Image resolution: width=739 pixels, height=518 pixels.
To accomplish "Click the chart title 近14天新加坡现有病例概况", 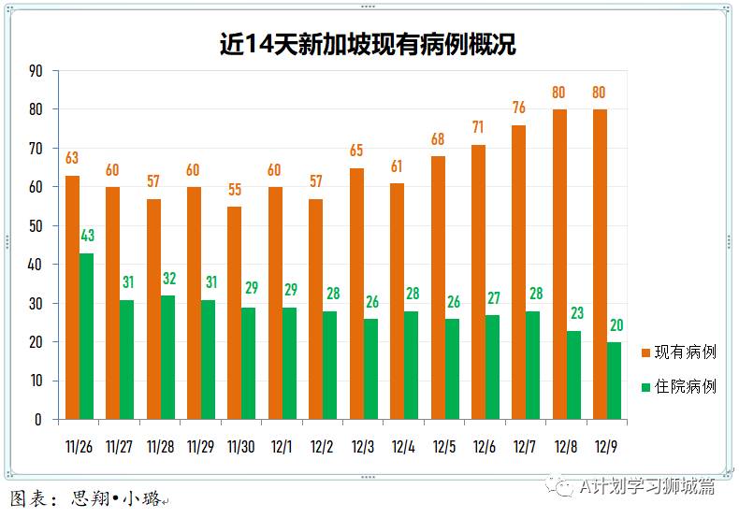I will coord(368,44).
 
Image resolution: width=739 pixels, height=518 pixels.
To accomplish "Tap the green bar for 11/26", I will coord(86,336).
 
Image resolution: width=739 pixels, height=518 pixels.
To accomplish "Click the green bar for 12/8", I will coord(573,375).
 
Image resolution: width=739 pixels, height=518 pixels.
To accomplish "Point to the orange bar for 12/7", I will coord(518,272).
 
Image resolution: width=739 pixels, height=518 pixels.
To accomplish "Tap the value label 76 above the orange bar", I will coord(519,108).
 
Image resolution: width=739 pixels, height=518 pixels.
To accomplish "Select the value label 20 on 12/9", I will coord(616,325).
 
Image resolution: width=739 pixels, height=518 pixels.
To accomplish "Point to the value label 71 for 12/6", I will coord(478,127).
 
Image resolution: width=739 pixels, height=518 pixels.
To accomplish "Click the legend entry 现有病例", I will coord(678,353).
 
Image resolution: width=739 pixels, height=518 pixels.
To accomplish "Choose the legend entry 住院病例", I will coord(678,386).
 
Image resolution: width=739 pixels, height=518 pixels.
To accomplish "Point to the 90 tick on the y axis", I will coord(36,71).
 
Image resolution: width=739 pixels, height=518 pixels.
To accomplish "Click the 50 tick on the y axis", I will coord(36,226).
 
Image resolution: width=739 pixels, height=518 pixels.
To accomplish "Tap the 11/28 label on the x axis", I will coord(160,447).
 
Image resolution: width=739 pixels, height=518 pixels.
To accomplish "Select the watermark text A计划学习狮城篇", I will coord(645,485).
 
